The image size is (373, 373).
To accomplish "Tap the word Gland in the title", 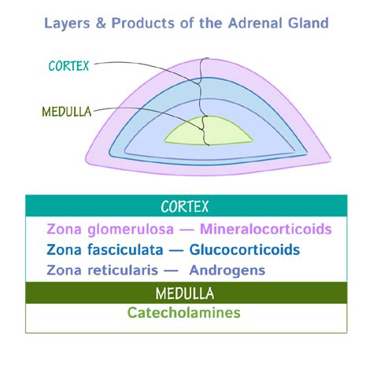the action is pyautogui.click(x=308, y=23).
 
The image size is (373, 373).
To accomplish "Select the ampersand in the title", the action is pyautogui.click(x=101, y=23).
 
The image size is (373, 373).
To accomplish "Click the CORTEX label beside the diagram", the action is pyautogui.click(x=68, y=66).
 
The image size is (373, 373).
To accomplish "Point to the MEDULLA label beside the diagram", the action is pyautogui.click(x=67, y=112).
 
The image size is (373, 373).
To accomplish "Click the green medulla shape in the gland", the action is pyautogui.click(x=209, y=131).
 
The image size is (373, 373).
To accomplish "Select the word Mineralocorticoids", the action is pyautogui.click(x=266, y=229).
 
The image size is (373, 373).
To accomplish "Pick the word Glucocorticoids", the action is pyautogui.click(x=245, y=249).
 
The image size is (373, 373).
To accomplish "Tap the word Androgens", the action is pyautogui.click(x=227, y=271).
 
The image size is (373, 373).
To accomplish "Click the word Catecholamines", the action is pyautogui.click(x=183, y=312).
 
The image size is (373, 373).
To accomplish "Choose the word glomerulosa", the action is pyautogui.click(x=131, y=230).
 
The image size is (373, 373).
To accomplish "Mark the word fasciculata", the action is pyautogui.click(x=125, y=249).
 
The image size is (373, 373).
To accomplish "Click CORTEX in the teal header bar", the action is pyautogui.click(x=185, y=206).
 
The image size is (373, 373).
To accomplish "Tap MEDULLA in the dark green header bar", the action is pyautogui.click(x=185, y=294).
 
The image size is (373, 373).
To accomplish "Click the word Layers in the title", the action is pyautogui.click(x=67, y=24).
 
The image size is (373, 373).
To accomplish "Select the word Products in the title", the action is pyautogui.click(x=143, y=23).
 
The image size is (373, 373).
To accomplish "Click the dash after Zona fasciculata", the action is pyautogui.click(x=175, y=251).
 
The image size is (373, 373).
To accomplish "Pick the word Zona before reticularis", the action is pyautogui.click(x=64, y=271).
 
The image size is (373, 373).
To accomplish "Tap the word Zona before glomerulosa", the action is pyautogui.click(x=64, y=229).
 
